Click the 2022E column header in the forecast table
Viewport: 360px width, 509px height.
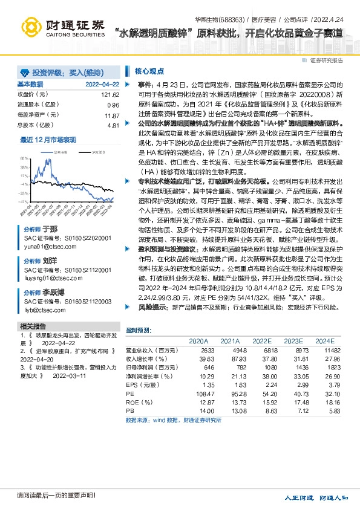pos(261,342)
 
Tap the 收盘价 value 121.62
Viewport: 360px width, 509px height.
pos(110,95)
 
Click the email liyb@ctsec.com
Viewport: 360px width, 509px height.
pos(44,310)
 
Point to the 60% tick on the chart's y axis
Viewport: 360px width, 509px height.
pos(24,158)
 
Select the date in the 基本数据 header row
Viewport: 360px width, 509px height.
pos(102,84)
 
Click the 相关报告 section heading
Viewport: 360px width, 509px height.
pos(34,326)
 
